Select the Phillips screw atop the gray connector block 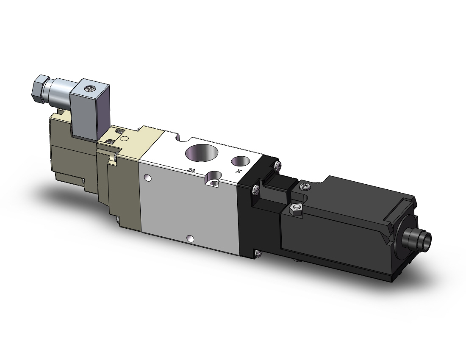90,89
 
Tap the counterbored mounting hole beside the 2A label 213,179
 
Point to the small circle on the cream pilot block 124,138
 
